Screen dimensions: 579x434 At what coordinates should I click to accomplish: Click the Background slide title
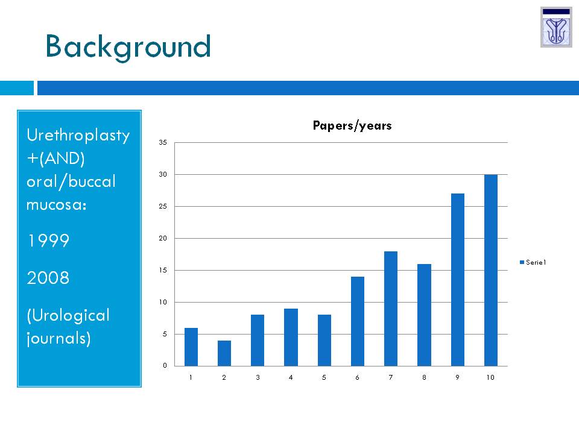pos(128,47)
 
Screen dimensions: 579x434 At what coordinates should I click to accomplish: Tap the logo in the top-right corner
pos(556,27)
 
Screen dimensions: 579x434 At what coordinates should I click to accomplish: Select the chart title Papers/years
pos(352,125)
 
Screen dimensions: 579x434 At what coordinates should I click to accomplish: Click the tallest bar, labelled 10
pos(491,270)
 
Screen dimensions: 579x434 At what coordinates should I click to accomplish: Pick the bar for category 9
pos(458,280)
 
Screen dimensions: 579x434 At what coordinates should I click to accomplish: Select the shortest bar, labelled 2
pos(224,353)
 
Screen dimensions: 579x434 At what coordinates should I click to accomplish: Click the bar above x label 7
pos(391,309)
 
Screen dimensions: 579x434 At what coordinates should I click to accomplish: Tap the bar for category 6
pos(358,321)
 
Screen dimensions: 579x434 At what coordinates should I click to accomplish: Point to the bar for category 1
pos(191,347)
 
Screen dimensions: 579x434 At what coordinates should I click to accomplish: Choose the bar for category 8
pos(424,315)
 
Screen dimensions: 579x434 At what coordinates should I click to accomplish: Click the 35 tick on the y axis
pos(163,142)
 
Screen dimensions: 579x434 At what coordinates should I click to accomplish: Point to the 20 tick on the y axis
pos(163,239)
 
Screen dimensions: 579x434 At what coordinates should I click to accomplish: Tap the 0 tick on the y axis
pos(165,365)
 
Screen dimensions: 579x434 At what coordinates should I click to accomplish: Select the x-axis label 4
pos(291,377)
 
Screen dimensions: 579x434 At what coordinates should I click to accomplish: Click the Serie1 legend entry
pos(533,262)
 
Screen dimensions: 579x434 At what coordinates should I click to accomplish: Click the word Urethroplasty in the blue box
pos(78,135)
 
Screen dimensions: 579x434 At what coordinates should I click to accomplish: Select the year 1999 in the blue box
pos(48,241)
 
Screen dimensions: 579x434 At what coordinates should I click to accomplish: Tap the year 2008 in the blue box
pos(48,277)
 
